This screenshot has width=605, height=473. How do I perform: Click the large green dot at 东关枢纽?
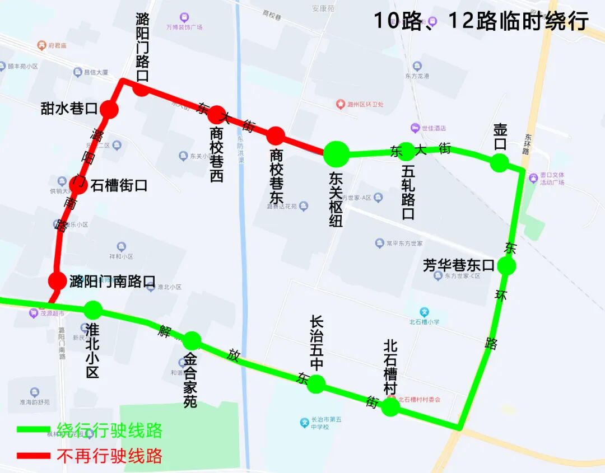coord(337,153)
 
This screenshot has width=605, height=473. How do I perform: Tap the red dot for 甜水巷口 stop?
coord(110,109)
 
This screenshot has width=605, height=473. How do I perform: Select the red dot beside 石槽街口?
coord(78,185)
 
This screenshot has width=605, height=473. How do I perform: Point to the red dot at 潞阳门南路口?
coord(57,281)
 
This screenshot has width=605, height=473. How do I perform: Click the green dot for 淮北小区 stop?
coord(93,310)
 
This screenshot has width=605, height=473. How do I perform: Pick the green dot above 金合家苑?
coord(192,340)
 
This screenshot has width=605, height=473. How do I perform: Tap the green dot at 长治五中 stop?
coord(316,384)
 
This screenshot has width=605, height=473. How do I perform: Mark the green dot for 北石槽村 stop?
coord(390,406)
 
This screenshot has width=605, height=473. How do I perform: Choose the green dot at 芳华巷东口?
coord(506,266)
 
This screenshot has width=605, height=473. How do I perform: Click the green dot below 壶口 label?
coord(499,163)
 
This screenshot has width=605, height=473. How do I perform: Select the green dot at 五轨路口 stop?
coord(407,151)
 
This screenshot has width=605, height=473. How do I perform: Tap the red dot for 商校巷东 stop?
coord(275,135)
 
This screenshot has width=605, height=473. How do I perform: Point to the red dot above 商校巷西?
coord(217,114)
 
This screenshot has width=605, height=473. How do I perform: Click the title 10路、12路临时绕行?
coord(481,21)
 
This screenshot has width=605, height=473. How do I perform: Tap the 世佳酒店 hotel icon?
coord(415,128)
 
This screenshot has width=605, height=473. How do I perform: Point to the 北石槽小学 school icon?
coord(425,312)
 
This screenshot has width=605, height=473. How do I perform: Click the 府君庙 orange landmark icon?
coord(41,45)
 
